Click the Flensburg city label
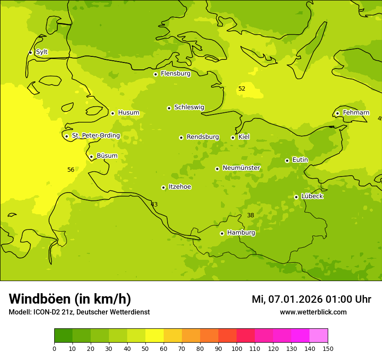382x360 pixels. (175, 74)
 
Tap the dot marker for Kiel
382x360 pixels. (233, 137)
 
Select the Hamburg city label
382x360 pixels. (241, 233)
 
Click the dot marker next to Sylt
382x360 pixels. (30, 52)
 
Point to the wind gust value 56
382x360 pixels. (71, 170)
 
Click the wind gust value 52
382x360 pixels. (242, 89)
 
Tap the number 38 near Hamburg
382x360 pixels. (250, 215)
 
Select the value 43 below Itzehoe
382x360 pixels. (154, 204)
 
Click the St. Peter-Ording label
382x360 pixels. (96, 136)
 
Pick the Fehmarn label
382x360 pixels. (356, 113)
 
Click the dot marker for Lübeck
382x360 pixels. (296, 197)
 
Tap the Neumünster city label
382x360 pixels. (241, 168)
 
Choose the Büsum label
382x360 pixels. (107, 156)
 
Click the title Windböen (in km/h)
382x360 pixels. (70, 299)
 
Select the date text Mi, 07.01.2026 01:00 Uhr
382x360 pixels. (311, 299)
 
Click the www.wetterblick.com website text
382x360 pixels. (313, 312)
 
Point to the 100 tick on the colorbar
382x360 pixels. (237, 348)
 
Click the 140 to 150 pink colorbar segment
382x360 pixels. (319, 336)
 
